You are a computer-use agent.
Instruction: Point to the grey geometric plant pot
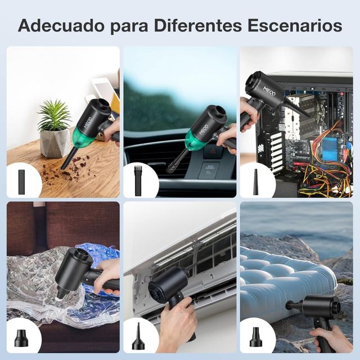click(55, 143)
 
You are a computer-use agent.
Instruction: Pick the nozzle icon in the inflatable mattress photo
click(256, 336)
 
